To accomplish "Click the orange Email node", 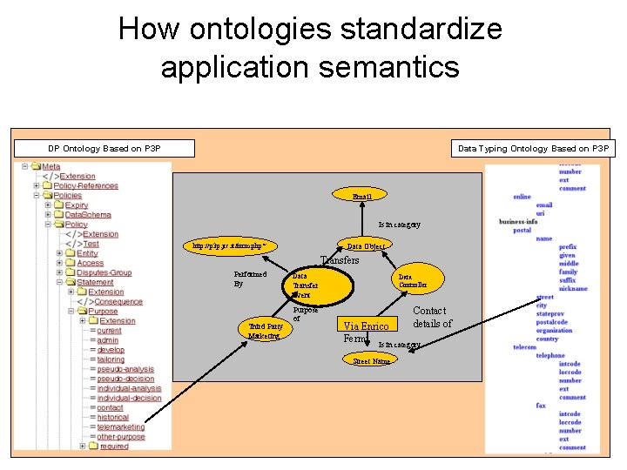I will [361, 196].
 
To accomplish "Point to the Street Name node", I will [371, 360].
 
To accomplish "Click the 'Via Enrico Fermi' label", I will [366, 332].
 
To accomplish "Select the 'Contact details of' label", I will [432, 317].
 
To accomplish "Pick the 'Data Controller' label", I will [413, 280].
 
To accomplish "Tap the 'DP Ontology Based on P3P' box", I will [104, 149].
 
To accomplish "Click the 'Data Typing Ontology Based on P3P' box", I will [533, 149].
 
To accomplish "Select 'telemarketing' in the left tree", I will [121, 427].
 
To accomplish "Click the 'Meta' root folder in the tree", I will [51, 166].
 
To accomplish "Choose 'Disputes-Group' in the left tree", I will [104, 272].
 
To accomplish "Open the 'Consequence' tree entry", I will [118, 301].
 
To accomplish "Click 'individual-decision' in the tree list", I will [129, 398].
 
